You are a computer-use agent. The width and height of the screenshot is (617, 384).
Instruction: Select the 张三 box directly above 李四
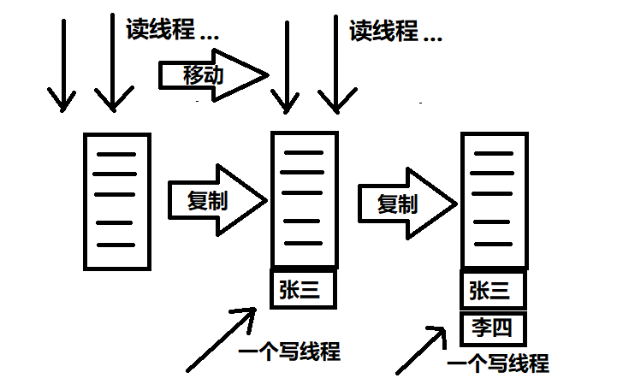click(492, 292)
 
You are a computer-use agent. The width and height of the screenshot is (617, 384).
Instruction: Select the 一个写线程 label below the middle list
click(289, 352)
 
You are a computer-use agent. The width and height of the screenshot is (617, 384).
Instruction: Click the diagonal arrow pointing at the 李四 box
click(419, 350)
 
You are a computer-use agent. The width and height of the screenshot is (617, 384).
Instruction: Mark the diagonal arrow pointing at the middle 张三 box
click(220, 340)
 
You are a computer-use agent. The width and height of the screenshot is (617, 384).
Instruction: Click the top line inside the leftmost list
click(116, 155)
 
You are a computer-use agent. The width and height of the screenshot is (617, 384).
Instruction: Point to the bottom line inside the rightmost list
click(494, 245)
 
